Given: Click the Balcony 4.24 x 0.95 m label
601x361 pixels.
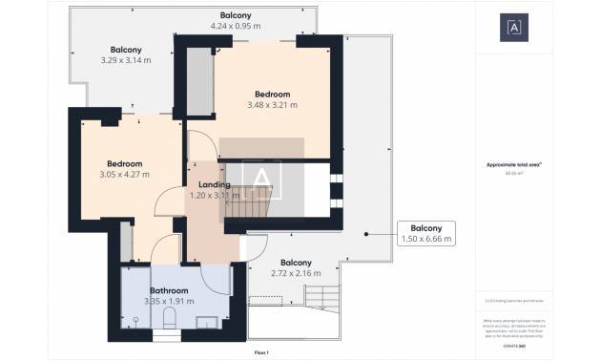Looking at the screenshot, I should pos(236,21).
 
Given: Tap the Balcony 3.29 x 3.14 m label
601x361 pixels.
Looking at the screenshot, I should pos(126,55).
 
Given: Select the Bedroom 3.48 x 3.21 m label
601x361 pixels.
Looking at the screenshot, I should pos(272,99).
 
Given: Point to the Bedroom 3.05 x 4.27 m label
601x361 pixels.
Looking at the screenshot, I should pos(124,169).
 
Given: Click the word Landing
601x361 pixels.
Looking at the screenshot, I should pos(214,184).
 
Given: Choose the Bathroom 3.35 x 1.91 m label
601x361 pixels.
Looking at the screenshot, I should pos(168,295).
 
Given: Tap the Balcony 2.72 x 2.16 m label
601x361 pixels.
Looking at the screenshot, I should pos(296,267).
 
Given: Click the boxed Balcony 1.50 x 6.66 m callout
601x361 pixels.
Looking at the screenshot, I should pos(425,233).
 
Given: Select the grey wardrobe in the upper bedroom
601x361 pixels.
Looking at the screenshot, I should pos(197,80).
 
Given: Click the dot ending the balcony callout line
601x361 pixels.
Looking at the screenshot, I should pos(365,233).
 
